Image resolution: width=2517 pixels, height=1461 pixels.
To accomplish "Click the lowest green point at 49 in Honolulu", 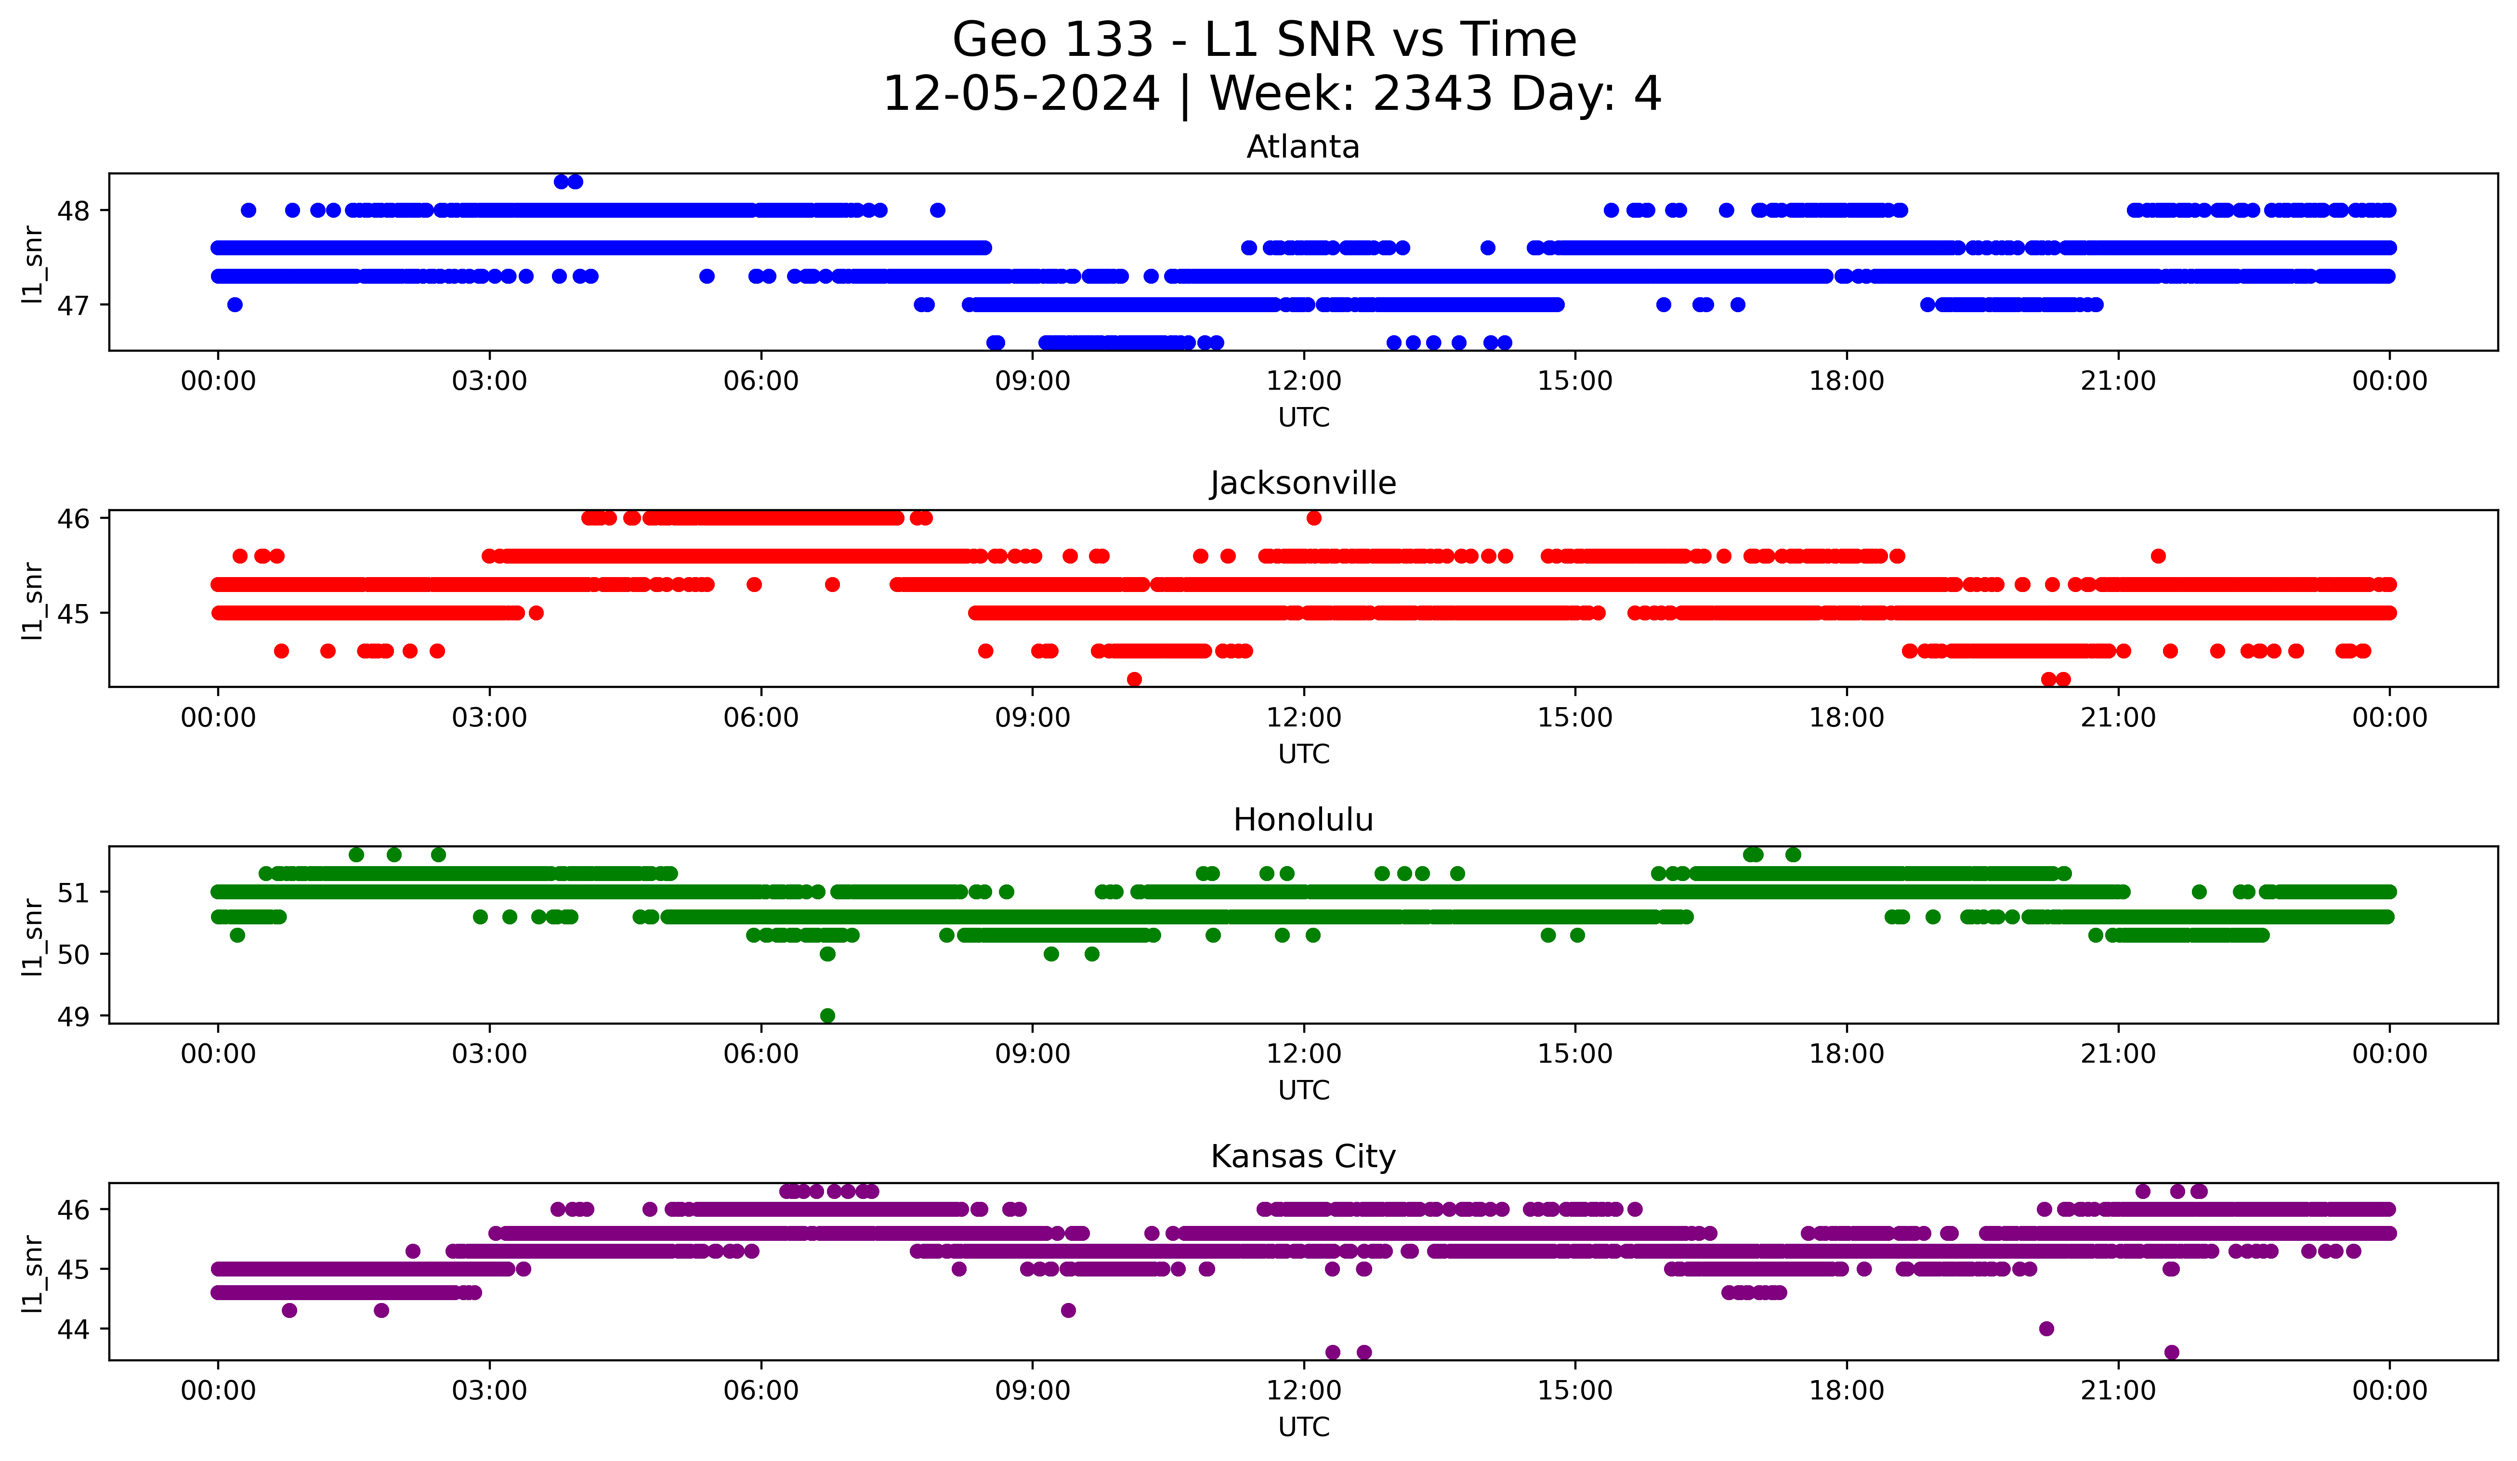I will pos(827,1015).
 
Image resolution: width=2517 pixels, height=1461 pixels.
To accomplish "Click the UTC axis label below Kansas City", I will pos(1303,1427).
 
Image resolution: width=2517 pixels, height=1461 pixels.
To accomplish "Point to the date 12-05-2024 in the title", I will pos(1021,94).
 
